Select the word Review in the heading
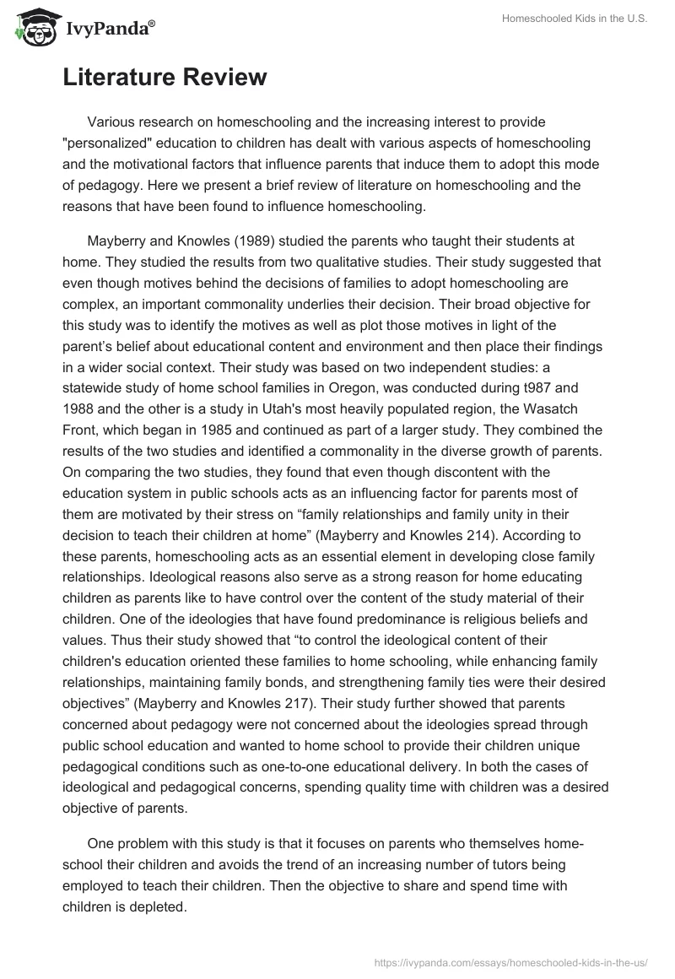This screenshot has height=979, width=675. click(x=224, y=78)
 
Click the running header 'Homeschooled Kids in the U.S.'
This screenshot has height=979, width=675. click(x=575, y=20)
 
